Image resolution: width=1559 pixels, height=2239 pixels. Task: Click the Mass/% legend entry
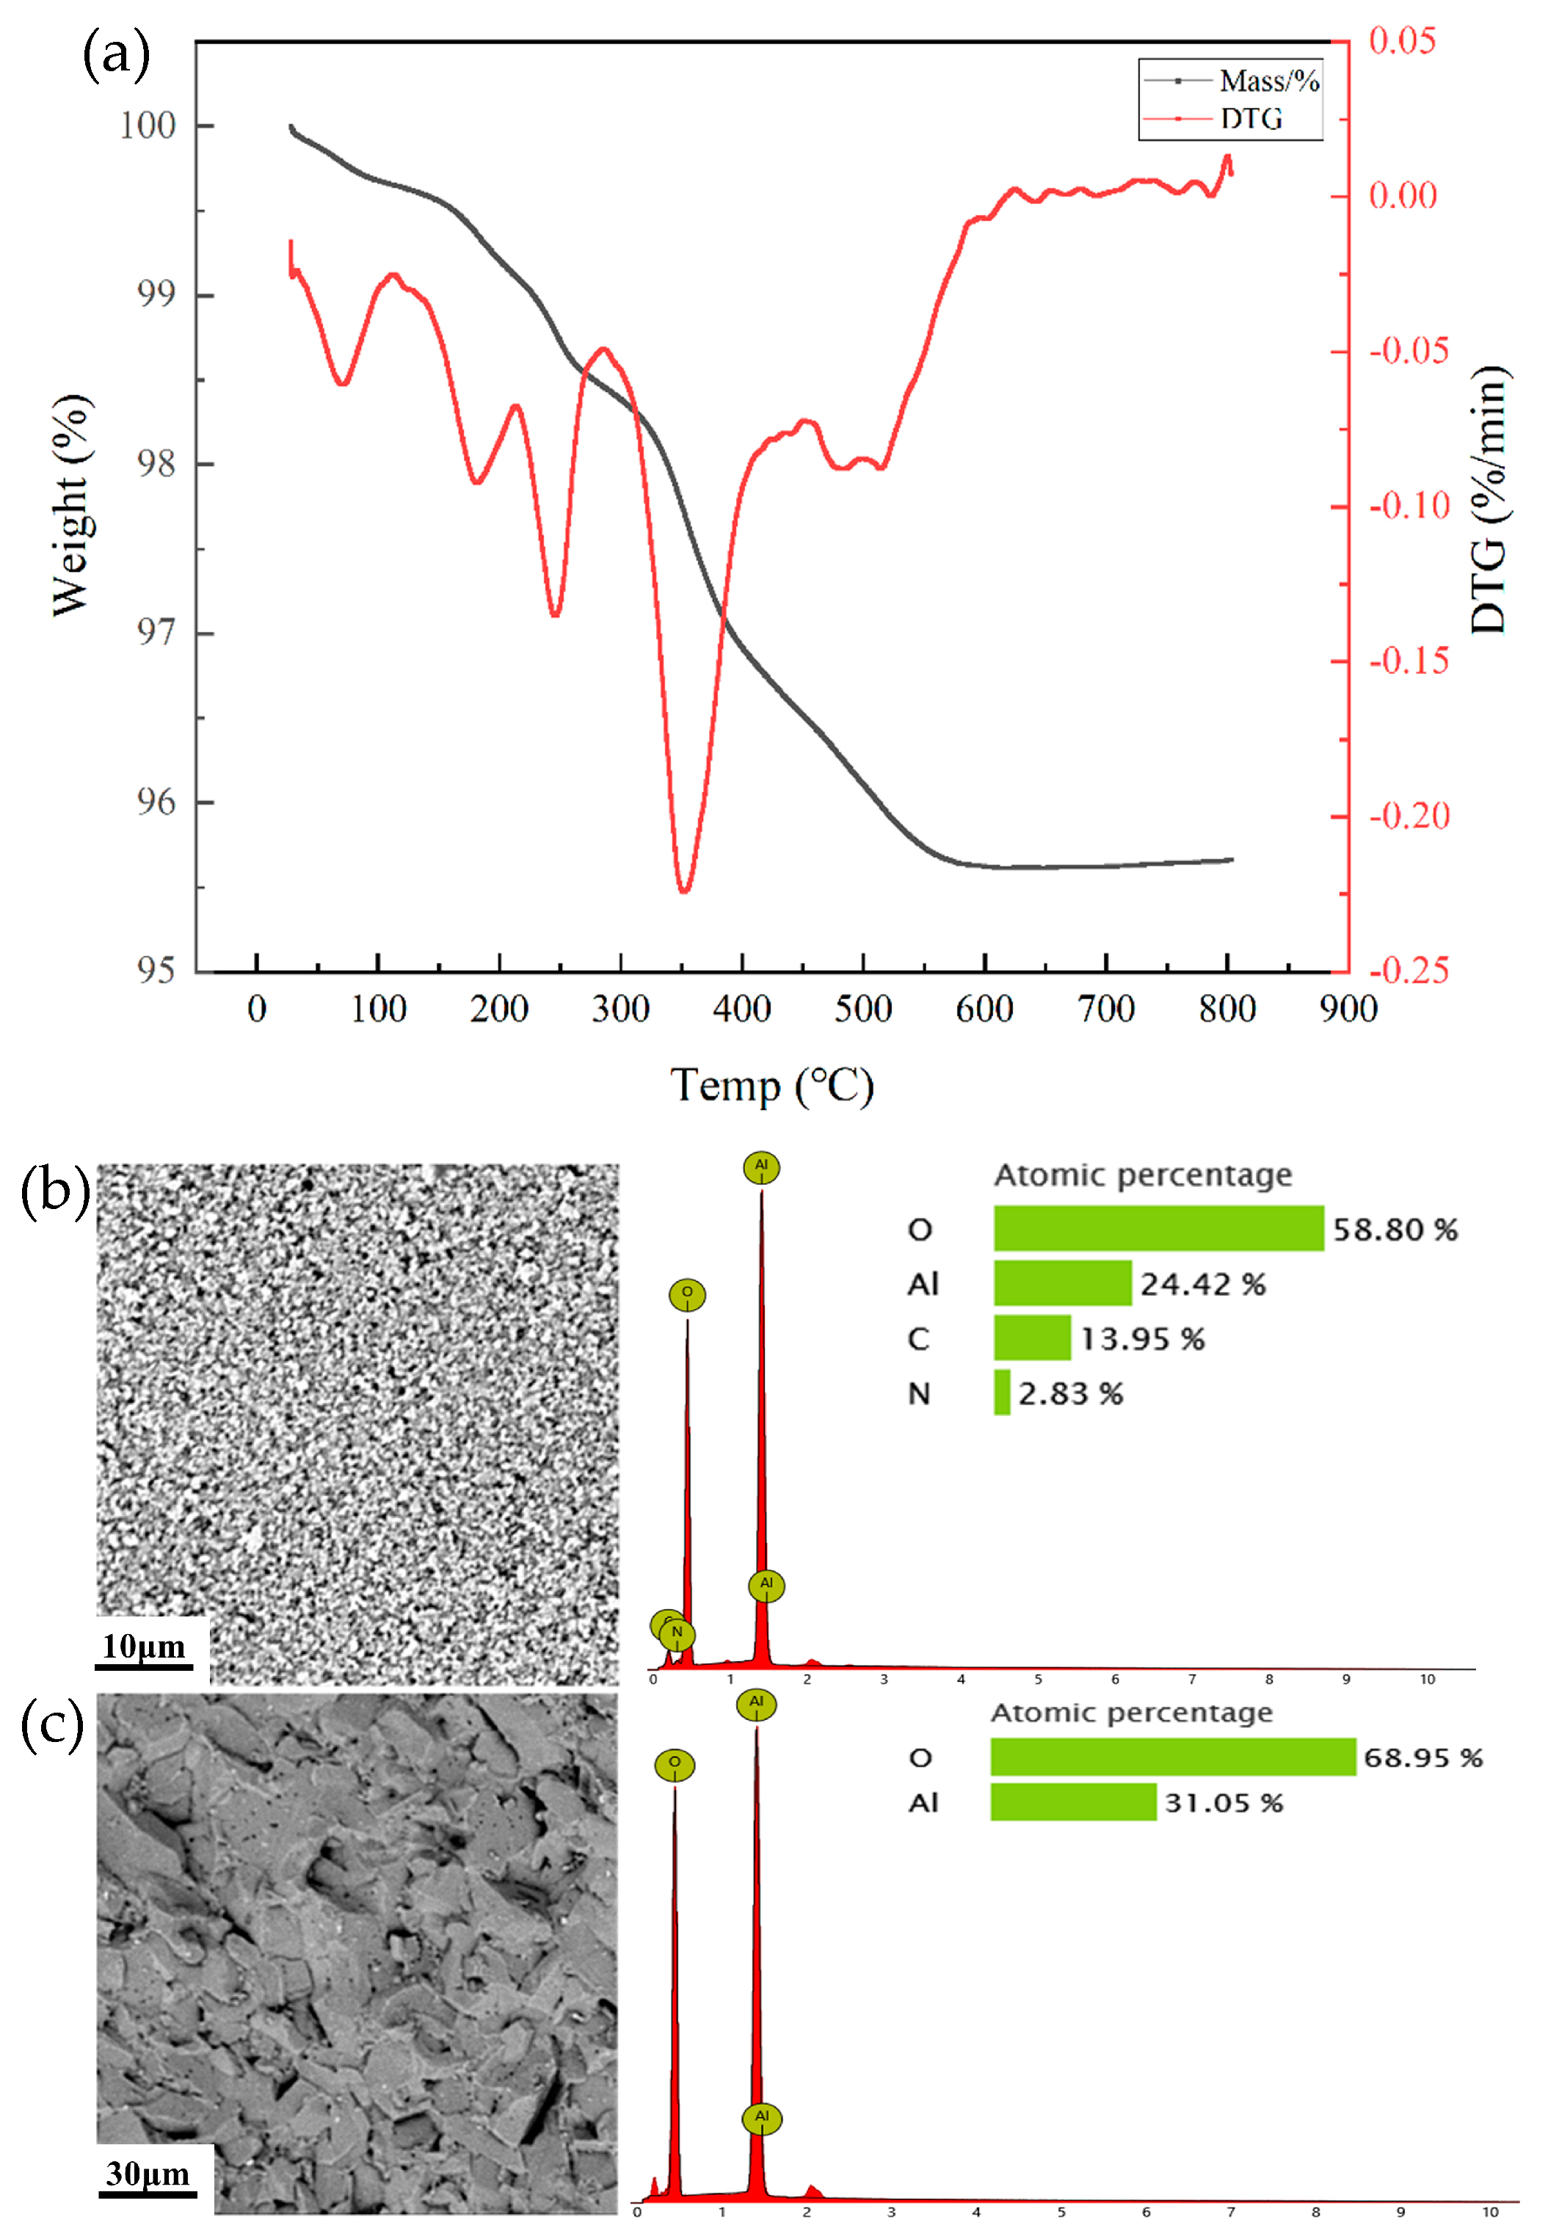[1268, 80]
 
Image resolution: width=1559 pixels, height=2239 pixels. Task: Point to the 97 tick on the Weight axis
[156, 632]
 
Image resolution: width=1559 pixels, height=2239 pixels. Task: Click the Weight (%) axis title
[70, 505]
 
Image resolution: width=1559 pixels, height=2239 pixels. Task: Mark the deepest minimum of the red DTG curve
[683, 889]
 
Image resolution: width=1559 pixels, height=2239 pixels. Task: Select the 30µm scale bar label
[148, 2173]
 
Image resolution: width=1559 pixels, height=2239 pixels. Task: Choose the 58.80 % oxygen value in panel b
[1395, 1230]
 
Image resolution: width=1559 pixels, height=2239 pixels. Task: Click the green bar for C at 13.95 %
[1031, 1338]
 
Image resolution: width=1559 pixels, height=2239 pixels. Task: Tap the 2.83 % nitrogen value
[1071, 1393]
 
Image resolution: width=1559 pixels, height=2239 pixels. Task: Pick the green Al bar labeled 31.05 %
[1072, 1802]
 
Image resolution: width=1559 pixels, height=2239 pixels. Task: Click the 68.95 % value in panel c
[1422, 1757]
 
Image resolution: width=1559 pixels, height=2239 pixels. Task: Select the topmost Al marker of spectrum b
[760, 1166]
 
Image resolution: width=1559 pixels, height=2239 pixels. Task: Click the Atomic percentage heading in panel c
[1131, 1713]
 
